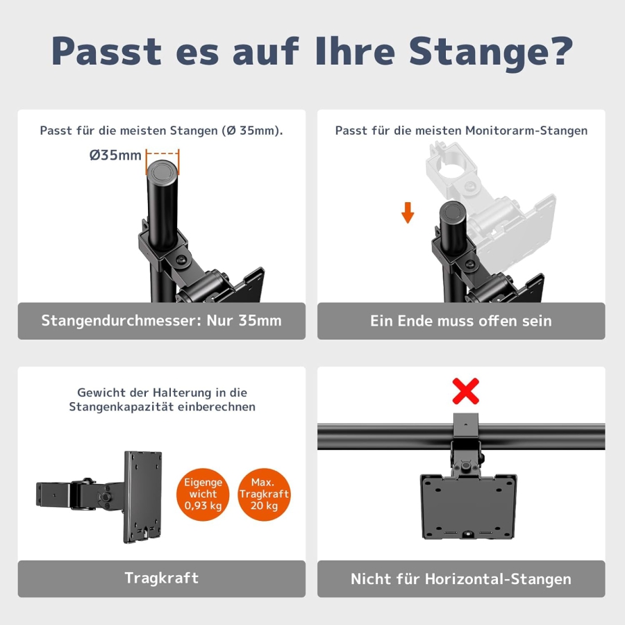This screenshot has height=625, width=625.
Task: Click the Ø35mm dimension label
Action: coord(115,155)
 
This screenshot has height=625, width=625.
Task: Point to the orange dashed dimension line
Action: coord(162,154)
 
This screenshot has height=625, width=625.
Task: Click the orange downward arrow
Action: coord(408,212)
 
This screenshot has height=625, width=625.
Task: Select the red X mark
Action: coord(465,392)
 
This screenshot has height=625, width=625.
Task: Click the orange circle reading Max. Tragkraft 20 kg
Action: coord(264,494)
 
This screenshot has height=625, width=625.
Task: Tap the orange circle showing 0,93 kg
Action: coord(203,494)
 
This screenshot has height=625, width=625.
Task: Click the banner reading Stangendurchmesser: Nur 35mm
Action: coord(161,321)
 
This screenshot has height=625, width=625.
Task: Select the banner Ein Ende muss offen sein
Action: coord(461,321)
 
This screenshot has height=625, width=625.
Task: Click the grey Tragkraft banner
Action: coord(161,578)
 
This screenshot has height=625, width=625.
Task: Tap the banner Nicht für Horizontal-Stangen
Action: coord(461,578)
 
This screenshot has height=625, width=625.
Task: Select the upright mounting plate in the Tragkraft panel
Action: coord(143,496)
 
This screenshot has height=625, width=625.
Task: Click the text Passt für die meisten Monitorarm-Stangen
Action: coord(461,131)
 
